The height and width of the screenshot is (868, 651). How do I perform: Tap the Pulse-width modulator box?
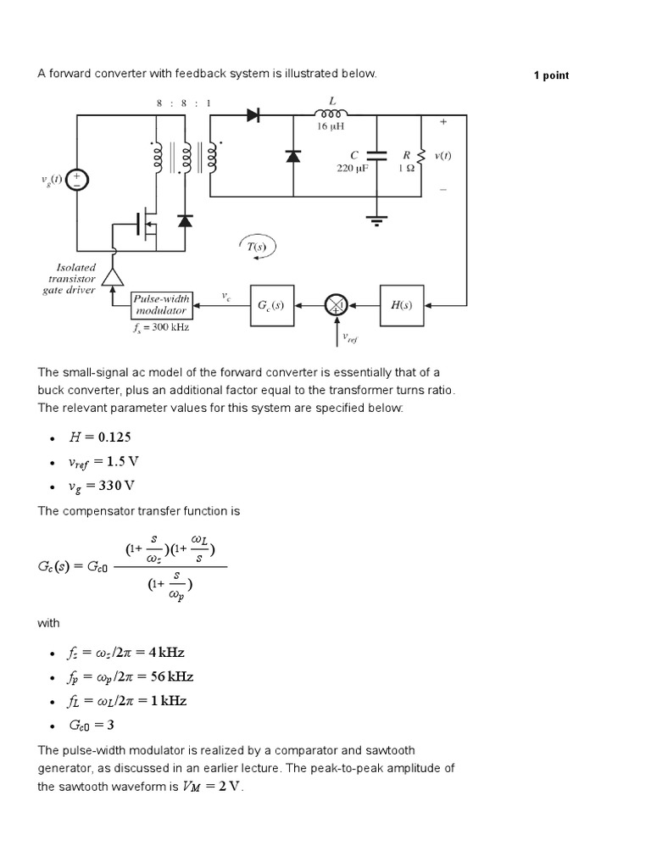click(162, 305)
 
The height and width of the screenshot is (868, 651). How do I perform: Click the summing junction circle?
click(336, 305)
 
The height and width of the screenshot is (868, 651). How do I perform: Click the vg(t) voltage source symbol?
click(77, 179)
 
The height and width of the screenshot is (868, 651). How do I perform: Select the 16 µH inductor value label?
click(329, 126)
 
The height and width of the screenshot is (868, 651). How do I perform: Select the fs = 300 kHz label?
click(161, 327)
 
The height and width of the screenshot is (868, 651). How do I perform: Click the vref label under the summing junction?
click(350, 339)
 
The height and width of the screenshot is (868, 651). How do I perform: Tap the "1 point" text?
click(551, 75)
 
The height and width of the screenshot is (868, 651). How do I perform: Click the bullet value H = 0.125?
click(100, 437)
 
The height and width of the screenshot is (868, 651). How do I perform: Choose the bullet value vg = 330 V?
click(101, 486)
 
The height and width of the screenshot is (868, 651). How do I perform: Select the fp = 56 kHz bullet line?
click(131, 677)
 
